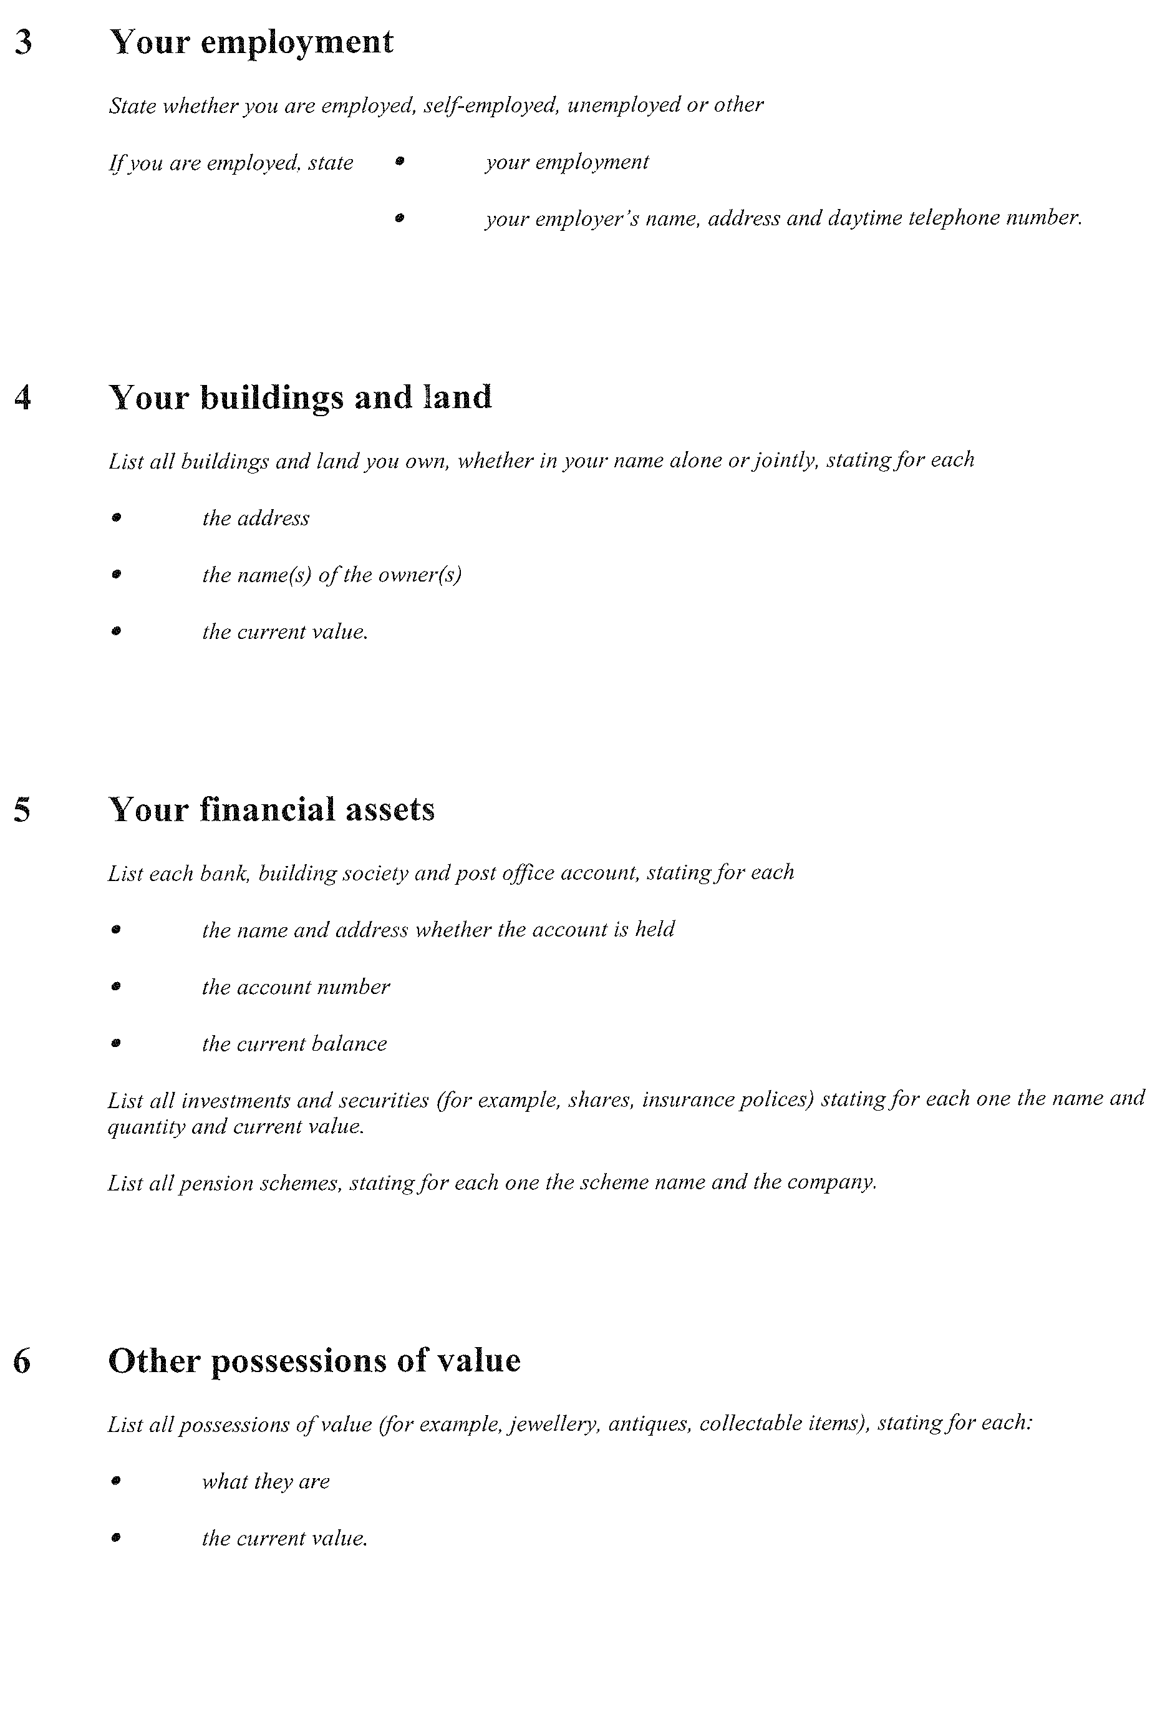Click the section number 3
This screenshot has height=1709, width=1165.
point(24,42)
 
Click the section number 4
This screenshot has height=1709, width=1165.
point(23,398)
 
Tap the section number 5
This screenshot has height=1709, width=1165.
point(23,811)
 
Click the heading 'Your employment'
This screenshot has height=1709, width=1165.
point(251,42)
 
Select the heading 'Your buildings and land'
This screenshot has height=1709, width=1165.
point(300,398)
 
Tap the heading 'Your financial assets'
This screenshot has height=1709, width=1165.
point(271,810)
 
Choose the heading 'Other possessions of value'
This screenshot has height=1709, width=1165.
point(314,1360)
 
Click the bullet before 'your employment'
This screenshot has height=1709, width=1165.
point(399,160)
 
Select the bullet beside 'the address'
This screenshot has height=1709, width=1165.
point(115,518)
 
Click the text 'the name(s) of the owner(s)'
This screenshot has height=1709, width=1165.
point(332,575)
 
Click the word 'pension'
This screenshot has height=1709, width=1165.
point(206,1183)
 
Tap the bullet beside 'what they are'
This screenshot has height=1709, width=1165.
point(115,1481)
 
